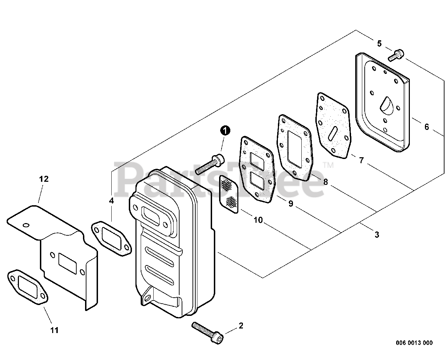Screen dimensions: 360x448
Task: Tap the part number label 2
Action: tap(241, 326)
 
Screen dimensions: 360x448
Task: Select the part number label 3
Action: tap(377, 235)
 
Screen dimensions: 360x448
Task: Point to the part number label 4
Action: tap(111, 201)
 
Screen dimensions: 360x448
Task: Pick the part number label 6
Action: tap(426, 126)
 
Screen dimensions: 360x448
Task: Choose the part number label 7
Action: tap(361, 160)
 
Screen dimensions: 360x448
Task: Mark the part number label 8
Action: tap(325, 182)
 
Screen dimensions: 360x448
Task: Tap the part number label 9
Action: tap(290, 203)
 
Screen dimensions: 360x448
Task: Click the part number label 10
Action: tap(258, 220)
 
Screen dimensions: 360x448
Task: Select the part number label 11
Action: tap(54, 330)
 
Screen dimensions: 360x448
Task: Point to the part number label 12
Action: tap(44, 179)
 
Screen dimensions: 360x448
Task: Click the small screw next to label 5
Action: tap(396, 55)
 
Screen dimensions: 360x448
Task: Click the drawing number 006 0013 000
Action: tap(415, 343)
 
